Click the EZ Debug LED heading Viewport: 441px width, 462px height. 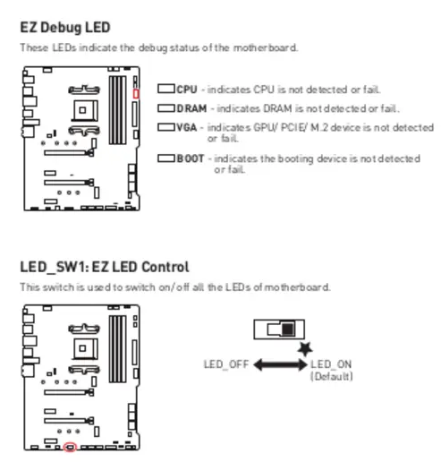(65, 28)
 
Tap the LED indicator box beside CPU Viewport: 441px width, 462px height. (166, 89)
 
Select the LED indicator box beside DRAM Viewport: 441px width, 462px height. (166, 108)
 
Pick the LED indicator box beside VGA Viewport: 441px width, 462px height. (166, 127)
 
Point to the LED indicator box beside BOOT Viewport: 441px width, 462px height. (166, 158)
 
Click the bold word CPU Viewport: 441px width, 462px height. (187, 90)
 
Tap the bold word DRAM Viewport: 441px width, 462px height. (191, 108)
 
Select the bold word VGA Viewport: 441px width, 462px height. (187, 127)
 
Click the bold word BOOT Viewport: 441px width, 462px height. (191, 158)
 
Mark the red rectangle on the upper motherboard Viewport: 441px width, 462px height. (136, 94)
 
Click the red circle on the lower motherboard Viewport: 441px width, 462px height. (70, 447)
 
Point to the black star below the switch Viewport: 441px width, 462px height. (305, 349)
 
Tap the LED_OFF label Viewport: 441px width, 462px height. (226, 364)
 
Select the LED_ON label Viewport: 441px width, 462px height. (331, 364)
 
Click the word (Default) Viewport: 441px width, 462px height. (332, 376)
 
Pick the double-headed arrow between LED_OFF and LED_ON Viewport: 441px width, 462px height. (280, 364)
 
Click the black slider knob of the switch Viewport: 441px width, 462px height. (288, 329)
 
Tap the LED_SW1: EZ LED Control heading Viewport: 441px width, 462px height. (105, 267)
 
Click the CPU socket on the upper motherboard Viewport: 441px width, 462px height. (85, 110)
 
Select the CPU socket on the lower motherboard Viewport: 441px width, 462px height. (85, 348)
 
